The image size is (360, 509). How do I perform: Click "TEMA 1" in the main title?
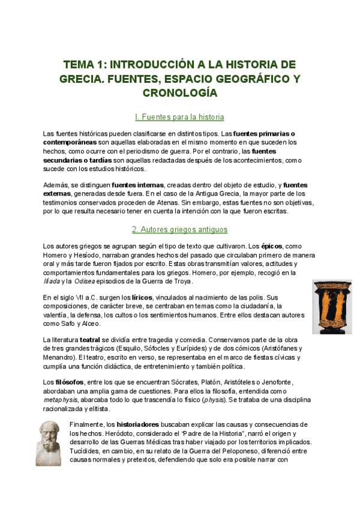click(x=83, y=65)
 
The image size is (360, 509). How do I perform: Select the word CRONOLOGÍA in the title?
click(x=179, y=93)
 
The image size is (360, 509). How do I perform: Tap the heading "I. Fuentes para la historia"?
click(x=179, y=117)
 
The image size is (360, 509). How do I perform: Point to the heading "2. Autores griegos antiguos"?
click(x=179, y=230)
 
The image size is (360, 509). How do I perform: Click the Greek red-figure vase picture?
click(x=331, y=306)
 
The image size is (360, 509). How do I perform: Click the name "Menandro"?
click(x=61, y=357)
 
